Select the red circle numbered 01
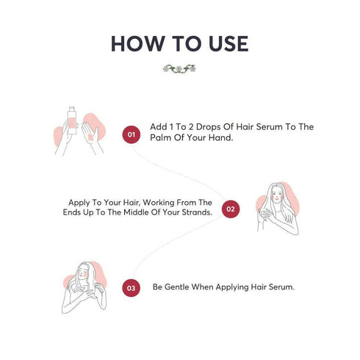click(132, 134)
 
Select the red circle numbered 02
click(230, 209)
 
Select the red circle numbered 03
click(132, 288)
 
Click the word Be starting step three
click(156, 287)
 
